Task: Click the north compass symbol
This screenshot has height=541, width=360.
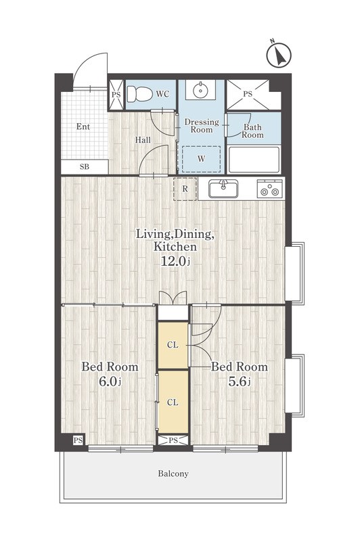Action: tap(279, 55)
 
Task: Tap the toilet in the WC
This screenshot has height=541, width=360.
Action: tap(139, 94)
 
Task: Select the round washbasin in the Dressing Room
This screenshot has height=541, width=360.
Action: tap(200, 91)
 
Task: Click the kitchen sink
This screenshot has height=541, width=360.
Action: tap(223, 189)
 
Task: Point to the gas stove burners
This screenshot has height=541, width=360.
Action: tap(269, 189)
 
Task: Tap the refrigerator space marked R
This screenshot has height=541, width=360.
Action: tap(185, 189)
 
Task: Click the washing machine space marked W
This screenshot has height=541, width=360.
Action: tap(201, 159)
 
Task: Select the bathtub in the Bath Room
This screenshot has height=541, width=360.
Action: tap(254, 160)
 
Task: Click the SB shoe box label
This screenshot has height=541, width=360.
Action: tap(85, 167)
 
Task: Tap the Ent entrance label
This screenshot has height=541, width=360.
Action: tap(83, 126)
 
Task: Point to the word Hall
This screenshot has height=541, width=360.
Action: tap(143, 140)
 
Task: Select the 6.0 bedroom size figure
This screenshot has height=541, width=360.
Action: tap(110, 381)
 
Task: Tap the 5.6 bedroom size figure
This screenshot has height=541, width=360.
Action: tap(239, 381)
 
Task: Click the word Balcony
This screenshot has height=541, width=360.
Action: tap(173, 474)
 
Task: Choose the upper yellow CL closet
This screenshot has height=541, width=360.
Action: tap(173, 345)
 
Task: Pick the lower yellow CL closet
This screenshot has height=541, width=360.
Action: tap(173, 402)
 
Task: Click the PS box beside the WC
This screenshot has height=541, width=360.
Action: tap(116, 94)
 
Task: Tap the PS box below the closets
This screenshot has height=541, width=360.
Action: tap(173, 441)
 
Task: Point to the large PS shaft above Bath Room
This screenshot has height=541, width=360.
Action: tap(248, 94)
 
